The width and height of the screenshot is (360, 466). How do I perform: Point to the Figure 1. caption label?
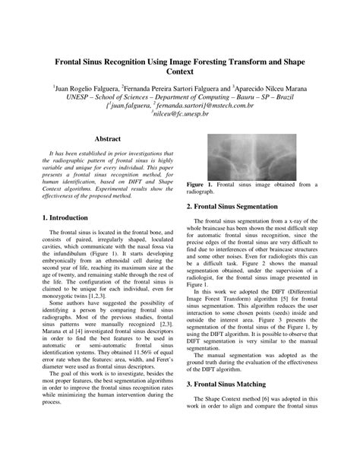[200, 185]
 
